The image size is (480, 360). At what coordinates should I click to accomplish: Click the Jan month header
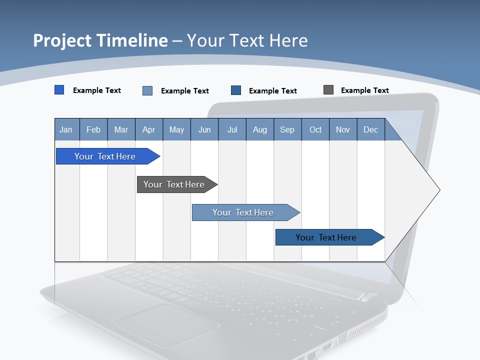click(x=66, y=129)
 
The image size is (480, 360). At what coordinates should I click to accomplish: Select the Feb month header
click(x=93, y=129)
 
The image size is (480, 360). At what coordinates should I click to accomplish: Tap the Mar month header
click(x=121, y=129)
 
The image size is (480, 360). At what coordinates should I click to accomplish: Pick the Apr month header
click(x=149, y=129)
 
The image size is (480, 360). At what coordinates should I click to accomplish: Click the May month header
click(x=176, y=129)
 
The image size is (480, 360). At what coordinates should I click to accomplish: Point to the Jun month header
click(x=204, y=129)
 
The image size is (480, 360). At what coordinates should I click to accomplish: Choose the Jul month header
click(x=232, y=129)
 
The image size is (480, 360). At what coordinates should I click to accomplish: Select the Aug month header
click(x=260, y=129)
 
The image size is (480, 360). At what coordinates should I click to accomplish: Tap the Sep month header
click(x=287, y=129)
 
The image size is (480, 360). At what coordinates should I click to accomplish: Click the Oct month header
click(x=315, y=129)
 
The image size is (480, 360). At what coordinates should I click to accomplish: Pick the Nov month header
click(x=343, y=129)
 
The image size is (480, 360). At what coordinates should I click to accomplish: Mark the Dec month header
click(x=371, y=129)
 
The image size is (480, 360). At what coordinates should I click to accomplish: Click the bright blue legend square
click(x=59, y=90)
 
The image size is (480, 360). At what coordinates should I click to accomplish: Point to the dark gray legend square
click(x=328, y=90)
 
